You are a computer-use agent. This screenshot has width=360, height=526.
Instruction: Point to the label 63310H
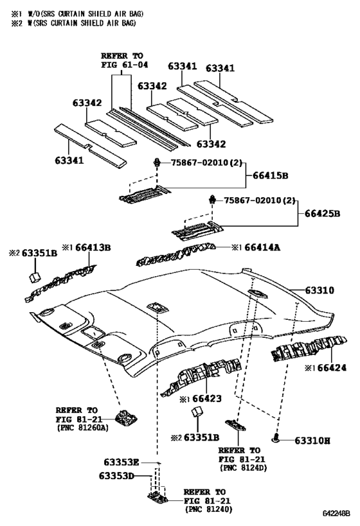coord(312,441)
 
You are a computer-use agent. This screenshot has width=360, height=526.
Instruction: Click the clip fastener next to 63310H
coord(276,439)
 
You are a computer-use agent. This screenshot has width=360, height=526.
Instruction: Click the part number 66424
coord(330,367)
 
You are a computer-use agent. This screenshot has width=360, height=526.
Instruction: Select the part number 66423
coord(206,399)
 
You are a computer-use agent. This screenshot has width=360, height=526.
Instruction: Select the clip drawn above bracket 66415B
coord(157,164)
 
